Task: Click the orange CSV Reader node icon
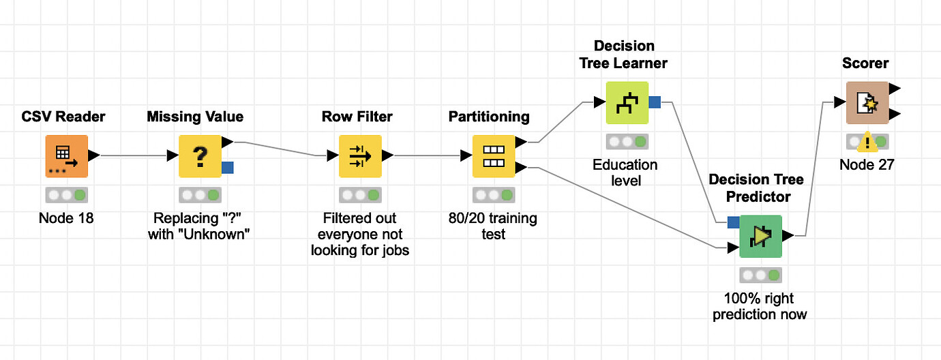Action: coord(66,156)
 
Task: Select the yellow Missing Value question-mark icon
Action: coord(200,156)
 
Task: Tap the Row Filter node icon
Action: coord(360,156)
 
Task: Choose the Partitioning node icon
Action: coord(494,156)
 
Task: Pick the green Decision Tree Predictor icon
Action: coord(761,237)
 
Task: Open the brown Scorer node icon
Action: coord(867,103)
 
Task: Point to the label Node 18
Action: coord(66,219)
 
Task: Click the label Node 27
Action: coord(867,165)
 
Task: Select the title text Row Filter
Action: coord(357,117)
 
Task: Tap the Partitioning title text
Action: coord(489,117)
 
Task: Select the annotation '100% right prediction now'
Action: coord(760,307)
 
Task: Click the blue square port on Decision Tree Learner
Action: coord(655,103)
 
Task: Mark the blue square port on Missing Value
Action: coord(228,167)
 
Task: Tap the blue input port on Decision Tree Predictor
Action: coord(733,222)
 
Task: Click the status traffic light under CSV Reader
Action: coord(66,195)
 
